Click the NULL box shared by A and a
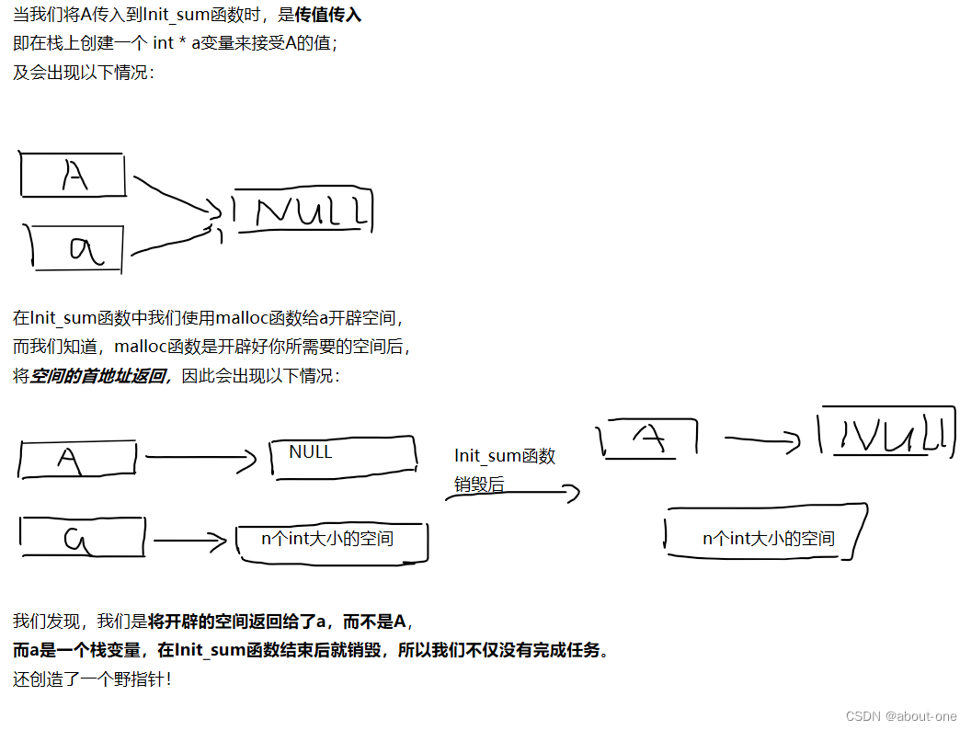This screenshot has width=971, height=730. tap(304, 211)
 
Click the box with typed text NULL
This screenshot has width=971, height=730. tap(342, 457)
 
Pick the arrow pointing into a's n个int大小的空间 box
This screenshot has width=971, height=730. tap(189, 541)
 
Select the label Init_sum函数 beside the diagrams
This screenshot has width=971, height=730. tap(505, 456)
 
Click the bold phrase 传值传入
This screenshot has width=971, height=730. tap(328, 16)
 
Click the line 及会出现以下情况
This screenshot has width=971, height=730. tap(84, 72)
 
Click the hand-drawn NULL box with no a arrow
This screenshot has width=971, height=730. tap(883, 432)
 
